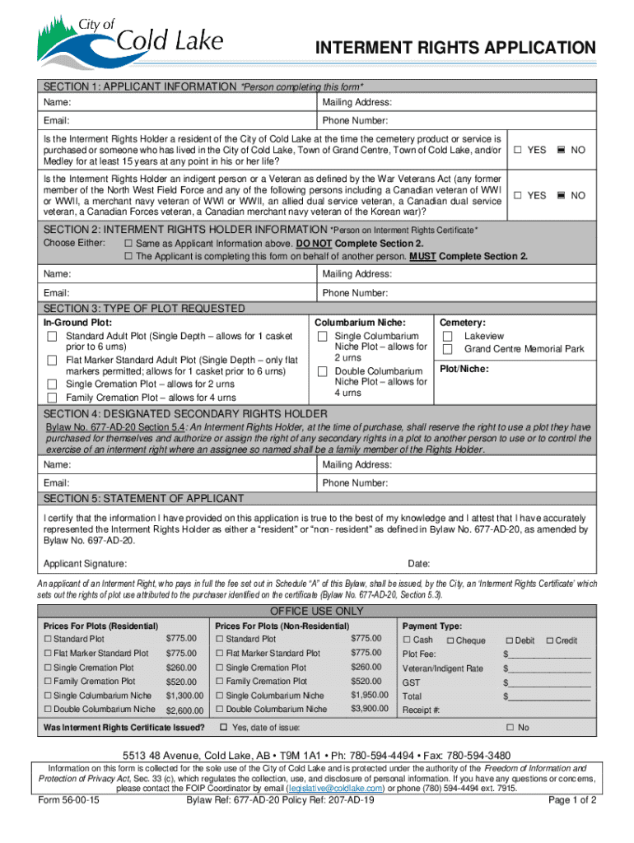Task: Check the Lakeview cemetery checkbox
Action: coord(448,337)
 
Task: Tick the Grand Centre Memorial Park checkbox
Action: coord(448,350)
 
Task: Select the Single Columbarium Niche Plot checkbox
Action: coord(323,337)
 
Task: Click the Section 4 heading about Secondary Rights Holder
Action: coord(185,413)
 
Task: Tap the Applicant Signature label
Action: coord(85,564)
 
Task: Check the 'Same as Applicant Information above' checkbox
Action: coord(128,245)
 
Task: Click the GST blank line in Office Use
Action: coord(547,682)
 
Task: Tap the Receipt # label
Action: coord(421,710)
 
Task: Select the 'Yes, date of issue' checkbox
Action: coord(223,728)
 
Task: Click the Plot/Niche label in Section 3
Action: coord(464,369)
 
